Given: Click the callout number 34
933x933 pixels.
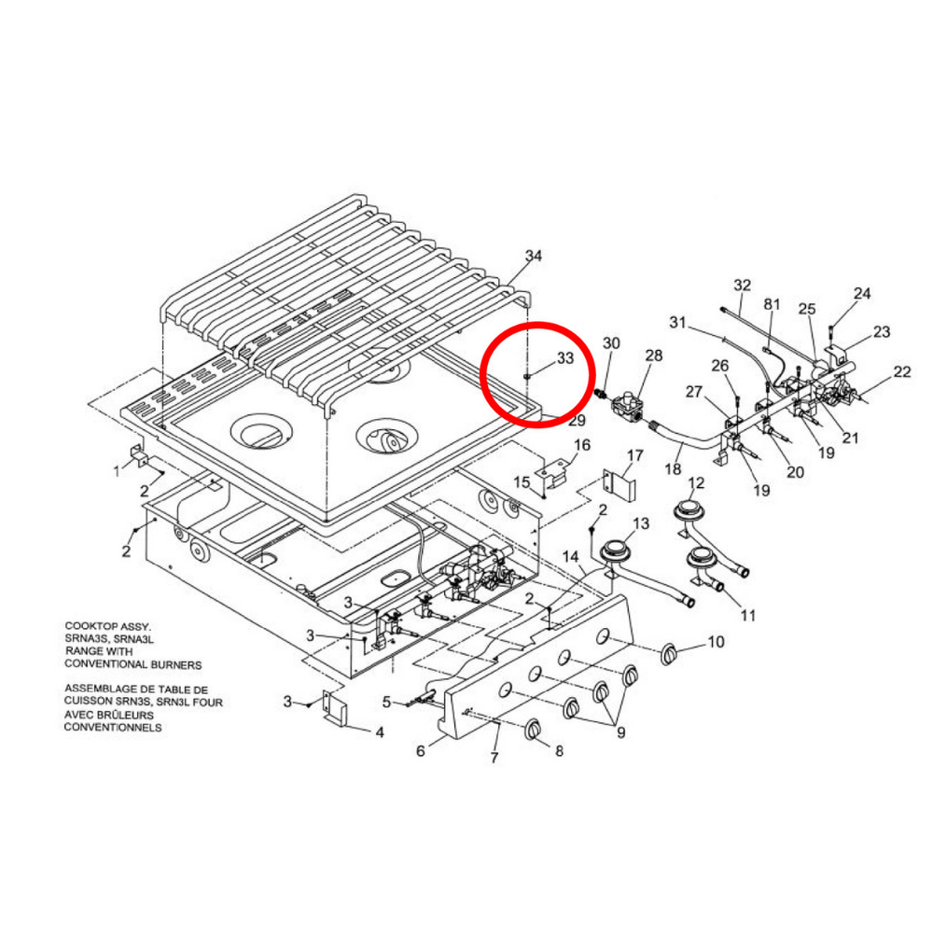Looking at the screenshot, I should pos(534,255).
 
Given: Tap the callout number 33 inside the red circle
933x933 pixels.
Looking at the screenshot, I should pos(565,357).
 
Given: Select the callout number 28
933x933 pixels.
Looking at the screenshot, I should pos(653,355).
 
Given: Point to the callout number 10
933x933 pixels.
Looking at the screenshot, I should pos(716,642).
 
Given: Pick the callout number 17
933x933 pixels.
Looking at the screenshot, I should pos(635,455).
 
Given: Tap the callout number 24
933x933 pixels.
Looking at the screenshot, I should pos(862,294).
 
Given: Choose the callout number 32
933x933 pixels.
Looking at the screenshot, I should pos(743,284).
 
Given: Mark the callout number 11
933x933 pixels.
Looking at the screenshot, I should pos(748,616).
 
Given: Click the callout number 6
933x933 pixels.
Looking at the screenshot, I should pos(421,751).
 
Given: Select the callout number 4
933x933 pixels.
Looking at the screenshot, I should pos(380,732).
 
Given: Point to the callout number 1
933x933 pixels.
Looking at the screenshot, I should pos(117,471).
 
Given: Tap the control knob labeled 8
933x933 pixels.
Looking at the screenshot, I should pos(534,731).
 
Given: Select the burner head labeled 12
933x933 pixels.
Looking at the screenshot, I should pos(689,510).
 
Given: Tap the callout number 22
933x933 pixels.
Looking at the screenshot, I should pos(902,372).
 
